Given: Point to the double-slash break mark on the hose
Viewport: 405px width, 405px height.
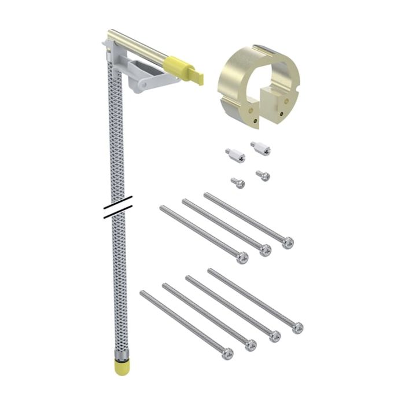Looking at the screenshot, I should tap(118, 207).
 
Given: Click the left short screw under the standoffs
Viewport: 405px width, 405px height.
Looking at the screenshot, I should tap(238, 183).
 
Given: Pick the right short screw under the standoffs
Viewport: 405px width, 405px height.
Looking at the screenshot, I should tap(263, 175).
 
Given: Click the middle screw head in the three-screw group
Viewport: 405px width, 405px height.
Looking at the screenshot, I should tap(265, 250).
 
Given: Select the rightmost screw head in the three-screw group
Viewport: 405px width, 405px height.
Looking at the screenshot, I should tap(288, 242).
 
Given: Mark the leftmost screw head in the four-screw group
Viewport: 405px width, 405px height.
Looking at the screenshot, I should tap(227, 353).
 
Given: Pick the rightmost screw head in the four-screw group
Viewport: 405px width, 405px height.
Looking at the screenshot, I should tap(297, 327).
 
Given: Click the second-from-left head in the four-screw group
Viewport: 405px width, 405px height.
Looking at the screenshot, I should tap(250, 345).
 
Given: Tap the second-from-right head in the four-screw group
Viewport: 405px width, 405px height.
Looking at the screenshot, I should tap(274, 336).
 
